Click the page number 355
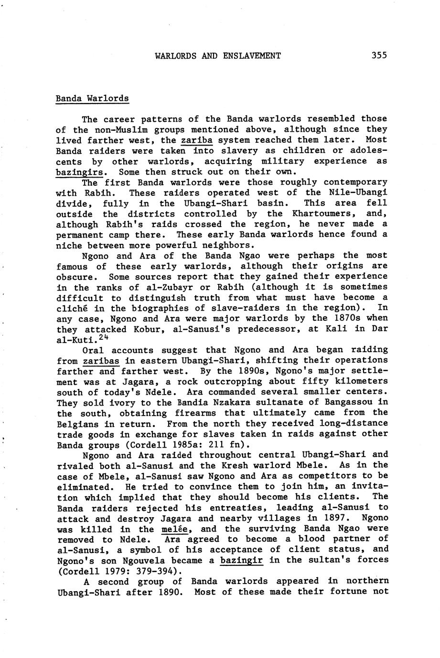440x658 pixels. tap(378, 55)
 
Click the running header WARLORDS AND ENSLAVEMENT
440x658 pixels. tap(218, 56)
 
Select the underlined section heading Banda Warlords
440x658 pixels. tap(92, 99)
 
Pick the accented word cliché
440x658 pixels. tap(72, 308)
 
